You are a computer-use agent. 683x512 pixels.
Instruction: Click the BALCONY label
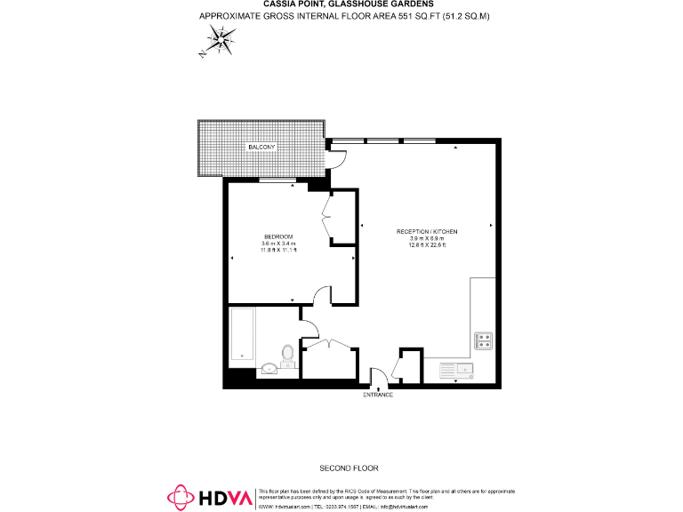(261, 146)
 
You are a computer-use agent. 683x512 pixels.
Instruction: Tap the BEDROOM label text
(278, 236)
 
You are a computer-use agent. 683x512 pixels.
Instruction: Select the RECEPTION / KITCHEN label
(427, 231)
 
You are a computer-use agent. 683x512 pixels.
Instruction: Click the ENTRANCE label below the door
(378, 394)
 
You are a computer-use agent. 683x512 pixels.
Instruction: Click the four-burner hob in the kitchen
(485, 339)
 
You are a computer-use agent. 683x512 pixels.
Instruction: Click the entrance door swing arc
(376, 377)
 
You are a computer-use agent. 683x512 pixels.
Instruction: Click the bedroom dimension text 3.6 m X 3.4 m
(278, 244)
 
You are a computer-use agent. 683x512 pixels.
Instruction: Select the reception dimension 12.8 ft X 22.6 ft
(427, 245)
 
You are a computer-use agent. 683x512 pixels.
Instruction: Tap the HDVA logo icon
(181, 499)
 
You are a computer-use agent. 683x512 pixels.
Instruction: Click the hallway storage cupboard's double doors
(326, 343)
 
